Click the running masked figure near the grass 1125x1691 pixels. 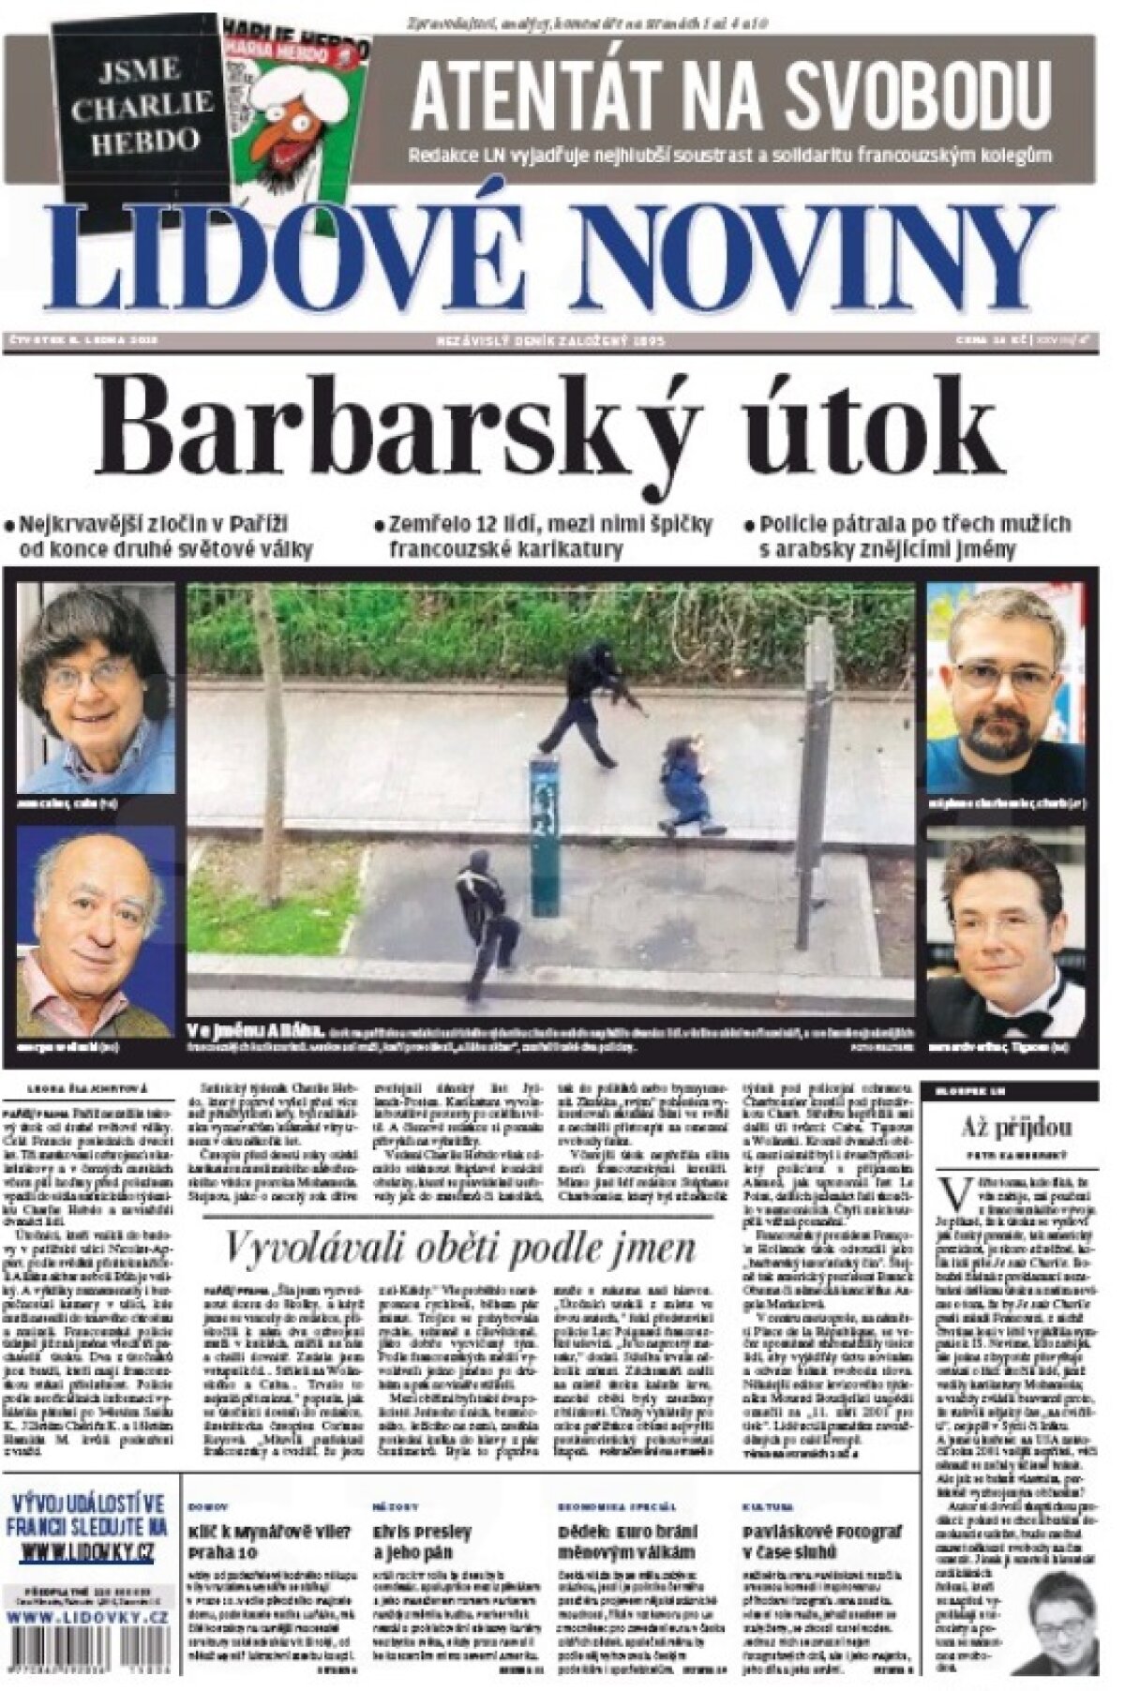[x=485, y=909]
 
